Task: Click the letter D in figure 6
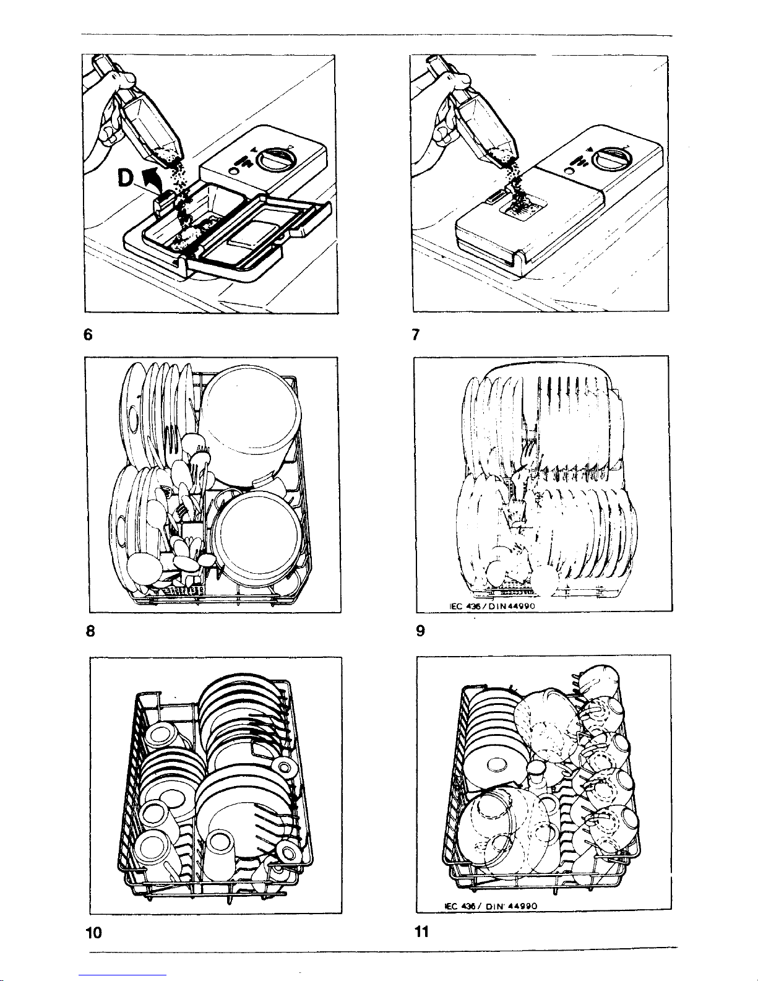pyautogui.click(x=126, y=178)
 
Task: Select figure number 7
pyautogui.click(x=416, y=334)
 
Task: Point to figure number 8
pyautogui.click(x=90, y=631)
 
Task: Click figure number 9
pyautogui.click(x=421, y=630)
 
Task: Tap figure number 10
pyautogui.click(x=94, y=932)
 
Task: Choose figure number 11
pyautogui.click(x=421, y=931)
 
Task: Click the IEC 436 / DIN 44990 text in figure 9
pyautogui.click(x=493, y=606)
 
